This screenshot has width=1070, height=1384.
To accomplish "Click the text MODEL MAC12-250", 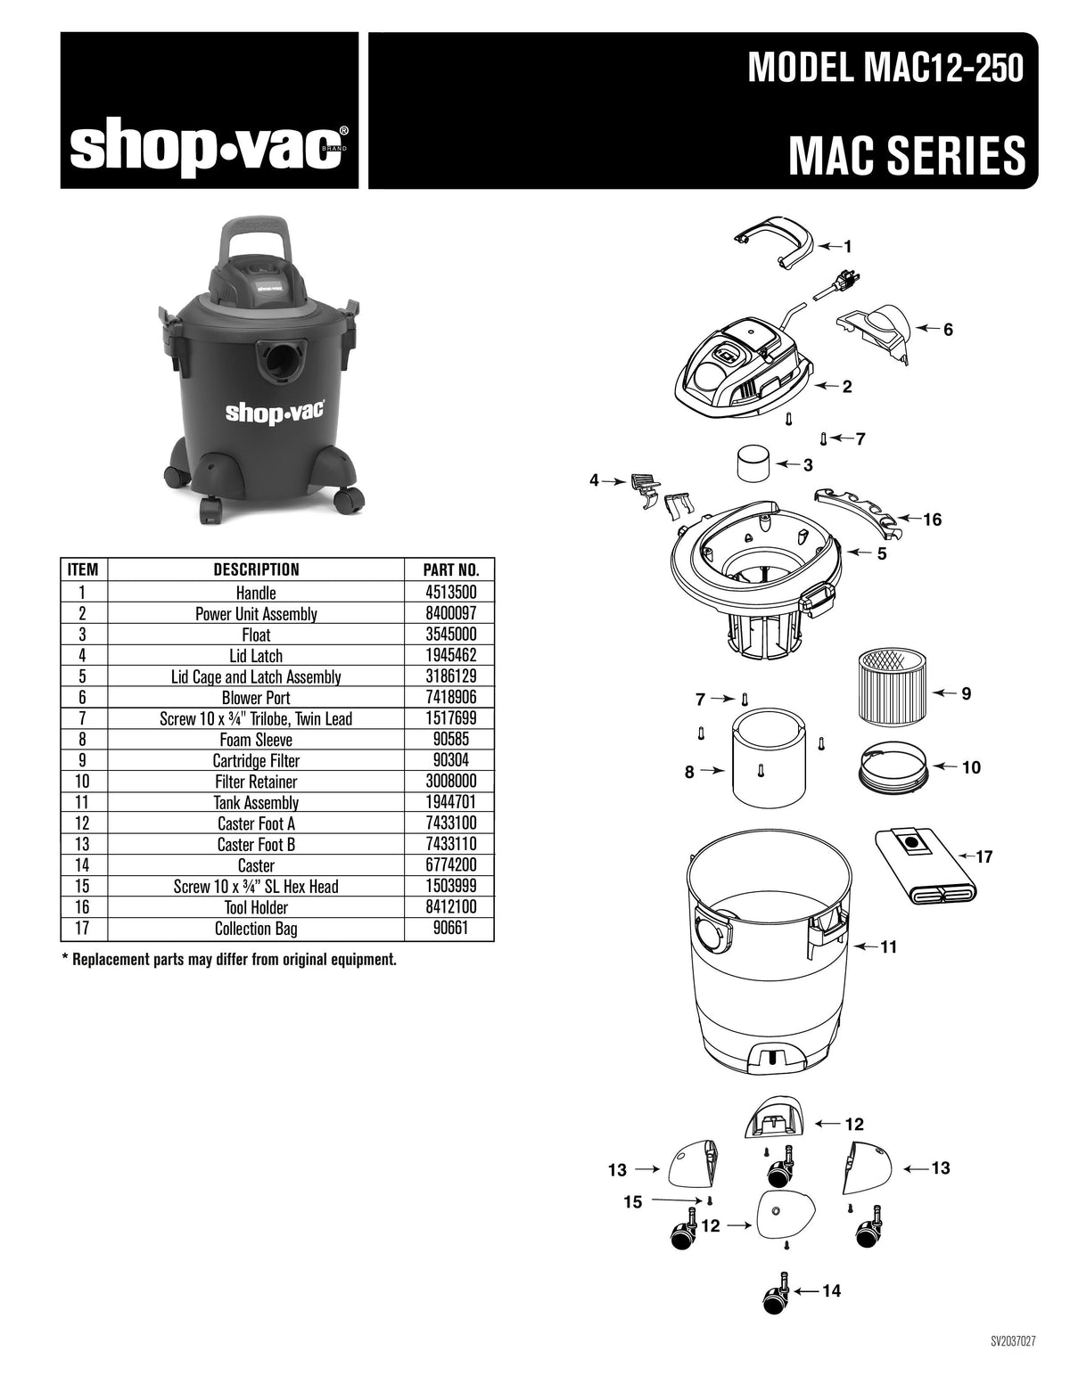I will (885, 69).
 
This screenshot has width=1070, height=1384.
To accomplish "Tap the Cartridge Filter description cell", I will (256, 761).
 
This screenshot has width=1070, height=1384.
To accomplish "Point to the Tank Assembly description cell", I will (256, 803).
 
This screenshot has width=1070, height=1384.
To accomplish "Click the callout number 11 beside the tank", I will (888, 947).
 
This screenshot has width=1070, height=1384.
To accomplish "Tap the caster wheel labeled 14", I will (774, 1293).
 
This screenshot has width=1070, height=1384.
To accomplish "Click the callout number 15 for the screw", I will (632, 1203).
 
